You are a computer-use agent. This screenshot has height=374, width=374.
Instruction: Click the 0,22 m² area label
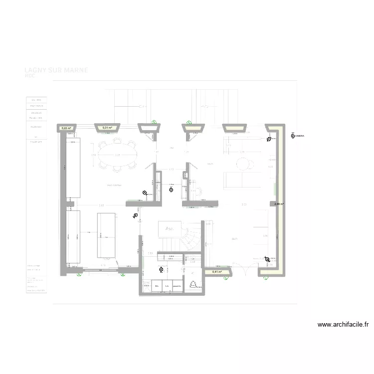point(66,128)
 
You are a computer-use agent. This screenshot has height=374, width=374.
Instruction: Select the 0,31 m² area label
point(107,128)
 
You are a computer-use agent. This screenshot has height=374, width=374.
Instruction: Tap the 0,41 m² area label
point(217,272)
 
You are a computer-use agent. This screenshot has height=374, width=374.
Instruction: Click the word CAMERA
point(299,136)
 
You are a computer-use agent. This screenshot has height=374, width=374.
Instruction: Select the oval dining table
point(118,156)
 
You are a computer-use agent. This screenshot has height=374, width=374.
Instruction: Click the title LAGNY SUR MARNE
point(56,70)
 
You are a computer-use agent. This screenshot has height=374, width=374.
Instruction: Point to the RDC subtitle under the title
point(30,76)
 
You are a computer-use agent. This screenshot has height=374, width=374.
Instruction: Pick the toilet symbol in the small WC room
point(194,284)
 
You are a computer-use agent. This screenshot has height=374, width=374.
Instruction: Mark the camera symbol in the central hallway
point(172,189)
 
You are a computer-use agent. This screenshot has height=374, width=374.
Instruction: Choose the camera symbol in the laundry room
point(161,270)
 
